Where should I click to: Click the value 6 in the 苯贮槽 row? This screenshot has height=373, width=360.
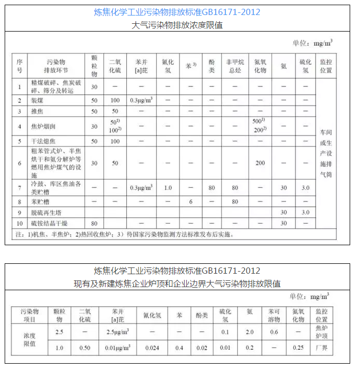tap(190, 201)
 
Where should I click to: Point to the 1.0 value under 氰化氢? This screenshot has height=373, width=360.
tap(168, 188)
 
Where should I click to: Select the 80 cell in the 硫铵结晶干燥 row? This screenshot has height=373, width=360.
tap(94, 223)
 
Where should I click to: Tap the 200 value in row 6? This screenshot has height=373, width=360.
tap(260, 163)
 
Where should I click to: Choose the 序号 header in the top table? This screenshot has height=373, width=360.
tap(20, 65)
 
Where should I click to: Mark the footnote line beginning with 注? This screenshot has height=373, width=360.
tap(124, 234)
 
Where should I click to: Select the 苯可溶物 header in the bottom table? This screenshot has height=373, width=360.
tap(274, 316)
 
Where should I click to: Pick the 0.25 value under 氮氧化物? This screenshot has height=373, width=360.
tap(298, 348)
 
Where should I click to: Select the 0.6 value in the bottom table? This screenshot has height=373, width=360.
tap(274, 332)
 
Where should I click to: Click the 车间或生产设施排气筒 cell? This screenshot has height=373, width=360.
tap(325, 153)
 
